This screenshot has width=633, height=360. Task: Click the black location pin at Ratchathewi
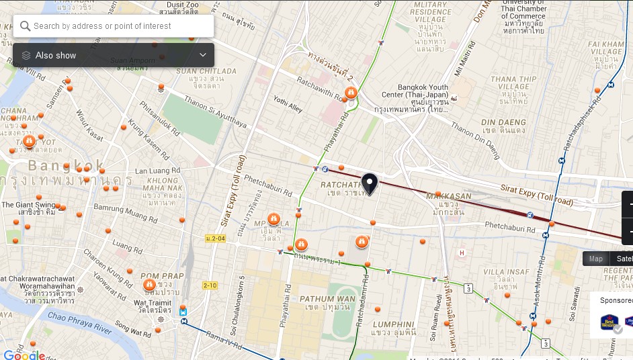(369, 183)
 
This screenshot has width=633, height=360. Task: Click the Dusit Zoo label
(179, 5)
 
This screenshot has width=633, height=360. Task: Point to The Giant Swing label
(28, 205)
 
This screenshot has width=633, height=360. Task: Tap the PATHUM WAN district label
(327, 299)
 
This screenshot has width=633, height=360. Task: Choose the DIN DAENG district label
(503, 122)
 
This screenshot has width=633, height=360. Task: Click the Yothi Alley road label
(288, 103)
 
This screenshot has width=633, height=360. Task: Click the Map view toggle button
(595, 259)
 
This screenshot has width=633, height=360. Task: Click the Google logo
(24, 355)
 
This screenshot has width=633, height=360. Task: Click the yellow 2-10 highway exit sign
(210, 285)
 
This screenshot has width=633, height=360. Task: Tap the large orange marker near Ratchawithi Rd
(350, 93)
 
